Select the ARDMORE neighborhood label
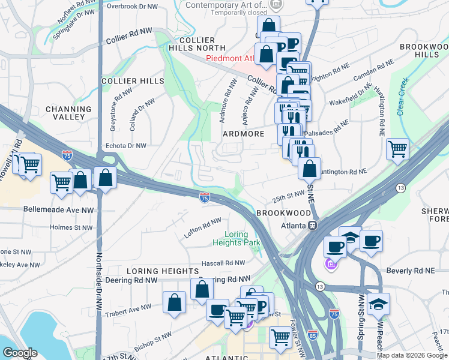point(243,134)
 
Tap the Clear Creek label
point(402,96)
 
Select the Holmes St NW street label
point(71,227)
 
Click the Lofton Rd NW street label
point(203,227)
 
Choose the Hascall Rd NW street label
point(223,263)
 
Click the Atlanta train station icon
point(312,226)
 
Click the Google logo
point(20,353)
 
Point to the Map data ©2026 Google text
point(412,355)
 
